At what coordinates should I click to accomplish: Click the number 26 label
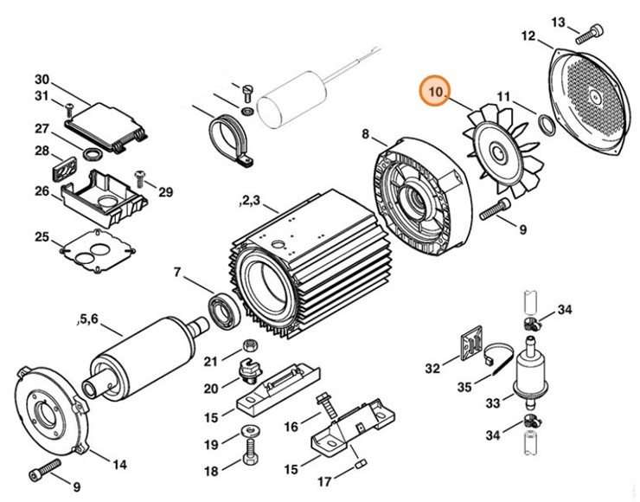point(42,191)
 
